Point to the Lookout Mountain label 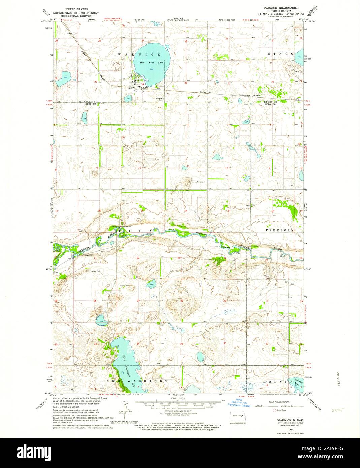[x=197, y=182]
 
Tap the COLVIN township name [x=279, y=381]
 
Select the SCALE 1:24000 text [x=180, y=398]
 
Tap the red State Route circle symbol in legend [x=274, y=410]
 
